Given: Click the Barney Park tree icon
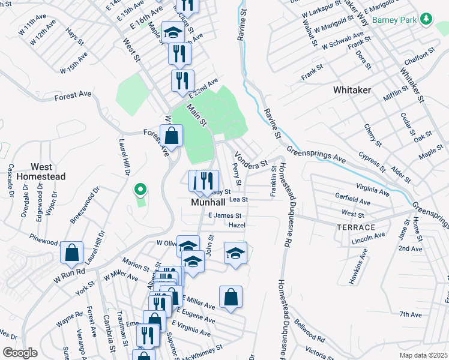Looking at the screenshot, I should click(426, 19).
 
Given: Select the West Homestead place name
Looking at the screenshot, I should click(41, 172).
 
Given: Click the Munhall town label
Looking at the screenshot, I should click(208, 203).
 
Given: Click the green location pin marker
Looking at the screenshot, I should click(140, 190).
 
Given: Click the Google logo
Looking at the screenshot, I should click(20, 353).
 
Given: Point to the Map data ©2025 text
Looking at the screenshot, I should click(423, 355).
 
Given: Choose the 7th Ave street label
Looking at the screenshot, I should click(411, 314).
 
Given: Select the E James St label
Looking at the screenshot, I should click(224, 215).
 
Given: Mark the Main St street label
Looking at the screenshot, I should click(196, 115).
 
